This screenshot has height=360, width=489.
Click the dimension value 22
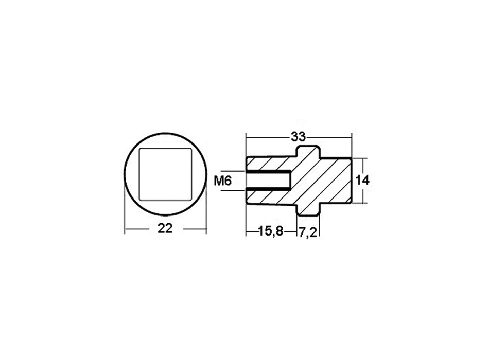tap(165, 228)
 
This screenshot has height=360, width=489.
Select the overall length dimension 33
tap(298, 137)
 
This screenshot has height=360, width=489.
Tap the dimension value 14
tap(363, 181)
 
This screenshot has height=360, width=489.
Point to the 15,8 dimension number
tap(270, 232)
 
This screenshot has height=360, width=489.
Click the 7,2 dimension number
tap(307, 232)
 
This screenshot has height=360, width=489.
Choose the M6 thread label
tap(223, 181)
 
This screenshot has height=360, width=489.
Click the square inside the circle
tap(165, 174)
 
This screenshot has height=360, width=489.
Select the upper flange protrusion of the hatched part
tap(309, 152)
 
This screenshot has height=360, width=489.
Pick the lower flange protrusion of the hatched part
tap(309, 209)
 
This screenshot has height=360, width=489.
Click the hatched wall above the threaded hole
tap(268, 164)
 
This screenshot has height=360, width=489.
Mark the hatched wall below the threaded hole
tap(268, 197)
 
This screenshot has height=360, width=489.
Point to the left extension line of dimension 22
tap(125, 211)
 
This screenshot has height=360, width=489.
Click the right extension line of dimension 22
tap(206, 211)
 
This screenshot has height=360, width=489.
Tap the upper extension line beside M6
tap(234, 171)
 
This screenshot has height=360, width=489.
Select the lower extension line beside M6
tap(234, 190)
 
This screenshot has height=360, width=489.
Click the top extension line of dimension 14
tap(360, 158)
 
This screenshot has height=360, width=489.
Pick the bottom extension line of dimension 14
tap(360, 203)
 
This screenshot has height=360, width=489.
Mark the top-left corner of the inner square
tap(141, 150)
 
